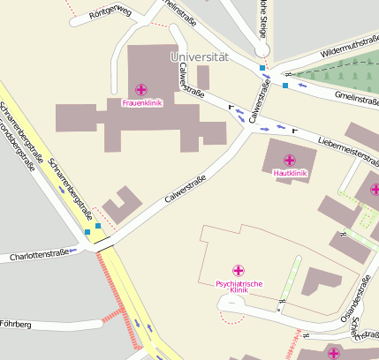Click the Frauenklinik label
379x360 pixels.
[141, 102]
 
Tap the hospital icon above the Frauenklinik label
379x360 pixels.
[141, 89]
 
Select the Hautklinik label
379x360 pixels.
[290, 173]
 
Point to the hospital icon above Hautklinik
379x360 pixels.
[290, 160]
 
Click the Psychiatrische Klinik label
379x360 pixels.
[239, 287]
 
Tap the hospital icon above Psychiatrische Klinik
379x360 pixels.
[239, 270]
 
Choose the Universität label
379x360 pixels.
[199, 56]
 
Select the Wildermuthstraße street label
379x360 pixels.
[350, 49]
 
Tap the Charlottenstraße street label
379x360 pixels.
[38, 257]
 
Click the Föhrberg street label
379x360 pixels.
[16, 325]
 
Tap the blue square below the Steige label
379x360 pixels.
[262, 68]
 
